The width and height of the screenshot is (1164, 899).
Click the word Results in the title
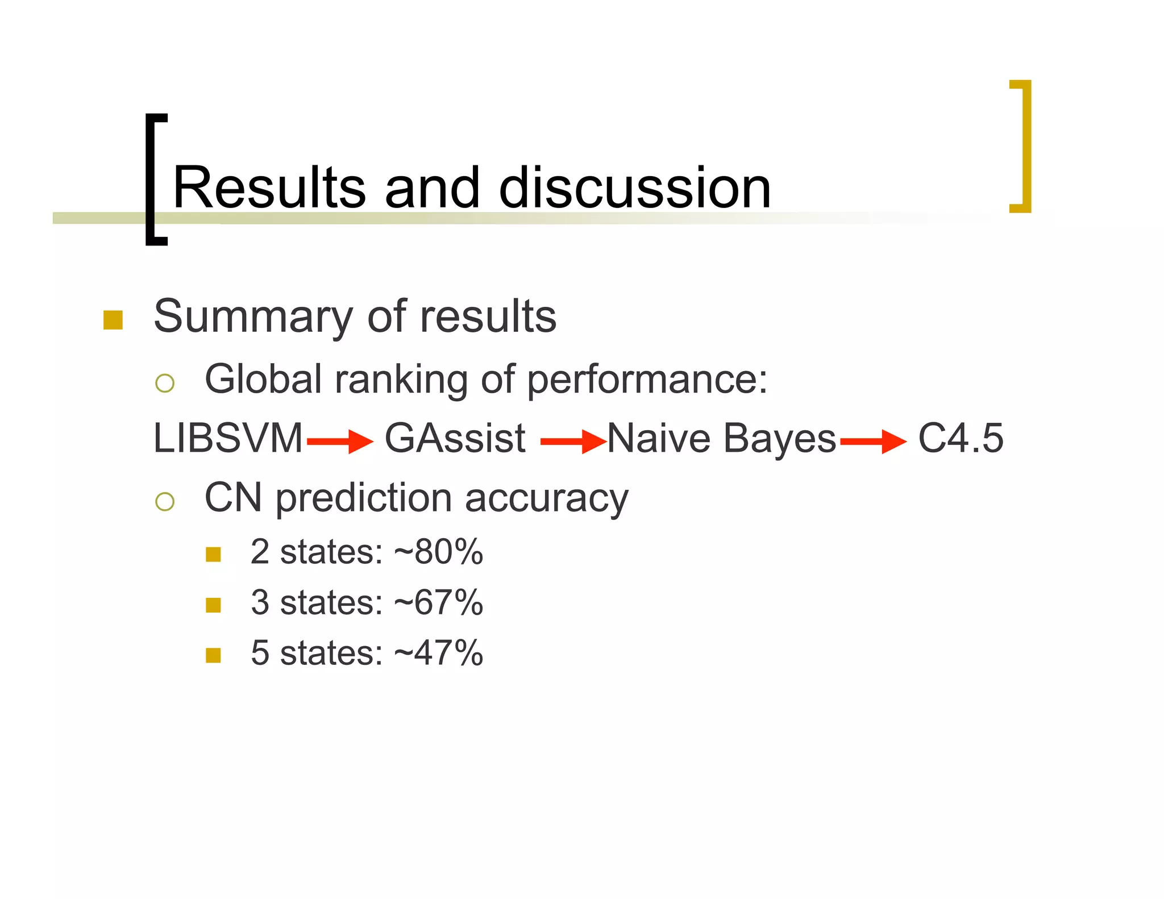point(269,188)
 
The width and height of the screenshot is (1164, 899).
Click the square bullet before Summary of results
point(113,320)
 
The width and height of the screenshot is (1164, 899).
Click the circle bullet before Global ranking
point(165,383)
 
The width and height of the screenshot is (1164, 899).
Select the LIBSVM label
point(228,439)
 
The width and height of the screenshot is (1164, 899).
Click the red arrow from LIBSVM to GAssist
point(340,441)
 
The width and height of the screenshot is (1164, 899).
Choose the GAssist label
point(455,439)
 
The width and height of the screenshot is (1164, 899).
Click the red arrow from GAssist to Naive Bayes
point(573,441)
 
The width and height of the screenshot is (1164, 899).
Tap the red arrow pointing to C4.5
point(873,441)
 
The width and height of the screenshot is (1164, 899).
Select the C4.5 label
point(961,439)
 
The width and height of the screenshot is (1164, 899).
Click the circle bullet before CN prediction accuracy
point(165,501)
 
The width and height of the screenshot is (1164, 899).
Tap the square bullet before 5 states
point(213,655)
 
